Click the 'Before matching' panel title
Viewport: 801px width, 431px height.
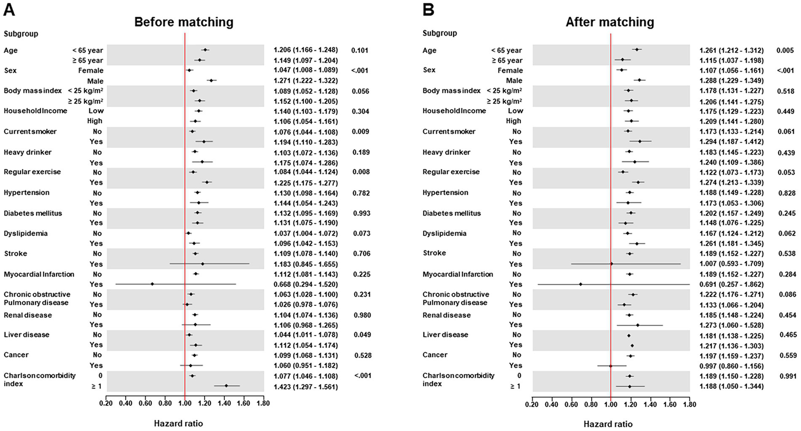point(184,22)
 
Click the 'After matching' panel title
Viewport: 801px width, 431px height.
point(609,22)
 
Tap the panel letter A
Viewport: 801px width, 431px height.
point(9,10)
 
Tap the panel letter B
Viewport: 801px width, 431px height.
point(428,10)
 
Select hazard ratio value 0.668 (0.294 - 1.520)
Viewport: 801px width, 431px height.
point(305,284)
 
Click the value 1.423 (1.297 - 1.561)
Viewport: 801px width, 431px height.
point(305,387)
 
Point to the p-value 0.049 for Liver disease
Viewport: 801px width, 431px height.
point(362,335)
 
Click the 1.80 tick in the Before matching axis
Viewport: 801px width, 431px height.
point(264,403)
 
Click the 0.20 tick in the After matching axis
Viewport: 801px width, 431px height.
point(532,403)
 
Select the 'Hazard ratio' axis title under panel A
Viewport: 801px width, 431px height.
point(178,423)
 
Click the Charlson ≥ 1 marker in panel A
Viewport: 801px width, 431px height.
point(226,386)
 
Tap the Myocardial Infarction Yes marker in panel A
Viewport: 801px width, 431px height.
point(152,284)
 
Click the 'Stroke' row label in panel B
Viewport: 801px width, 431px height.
point(434,253)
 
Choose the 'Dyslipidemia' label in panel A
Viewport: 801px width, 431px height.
point(26,233)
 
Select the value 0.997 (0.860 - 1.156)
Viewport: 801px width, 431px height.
point(731,365)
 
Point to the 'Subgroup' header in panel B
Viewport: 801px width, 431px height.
point(439,33)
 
